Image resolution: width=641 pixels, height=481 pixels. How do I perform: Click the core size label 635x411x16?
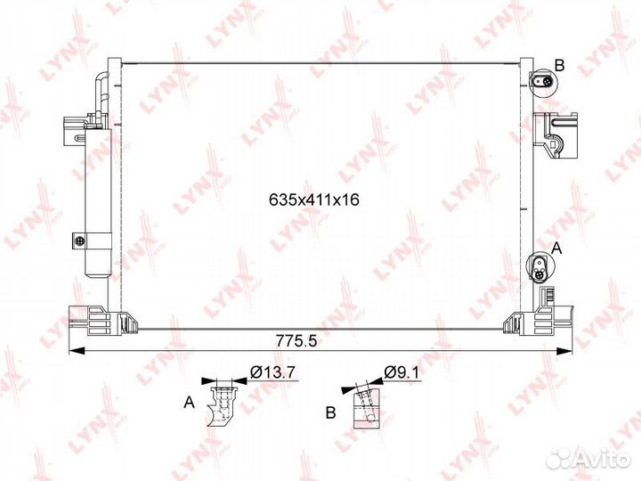tap(314, 200)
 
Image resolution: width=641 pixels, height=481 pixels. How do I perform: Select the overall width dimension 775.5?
tap(296, 340)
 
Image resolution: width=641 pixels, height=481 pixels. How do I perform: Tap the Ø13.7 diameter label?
tap(272, 372)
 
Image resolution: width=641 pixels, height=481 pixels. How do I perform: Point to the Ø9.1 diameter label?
tap(402, 372)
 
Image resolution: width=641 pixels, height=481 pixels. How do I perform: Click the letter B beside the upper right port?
tap(559, 65)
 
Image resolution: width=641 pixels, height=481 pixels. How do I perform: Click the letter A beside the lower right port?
tap(556, 248)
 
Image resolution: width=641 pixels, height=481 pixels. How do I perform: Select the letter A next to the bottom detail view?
tap(189, 403)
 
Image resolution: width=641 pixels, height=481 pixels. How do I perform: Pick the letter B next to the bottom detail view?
tap(330, 412)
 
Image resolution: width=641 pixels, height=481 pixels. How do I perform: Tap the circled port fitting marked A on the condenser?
tap(540, 267)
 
